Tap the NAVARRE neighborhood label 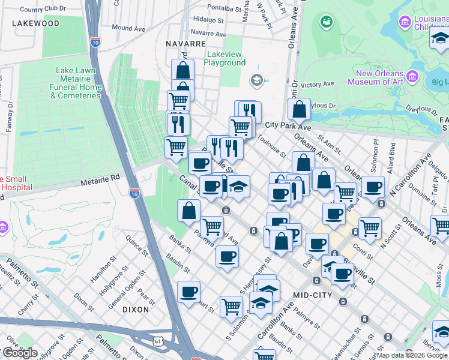click(x=186, y=44)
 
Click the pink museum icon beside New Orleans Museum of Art click(x=412, y=76)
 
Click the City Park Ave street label click(x=288, y=127)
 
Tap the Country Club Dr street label click(x=42, y=9)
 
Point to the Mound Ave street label click(x=128, y=28)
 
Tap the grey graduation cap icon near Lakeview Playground click(x=256, y=80)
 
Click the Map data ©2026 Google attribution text click(x=411, y=355)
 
